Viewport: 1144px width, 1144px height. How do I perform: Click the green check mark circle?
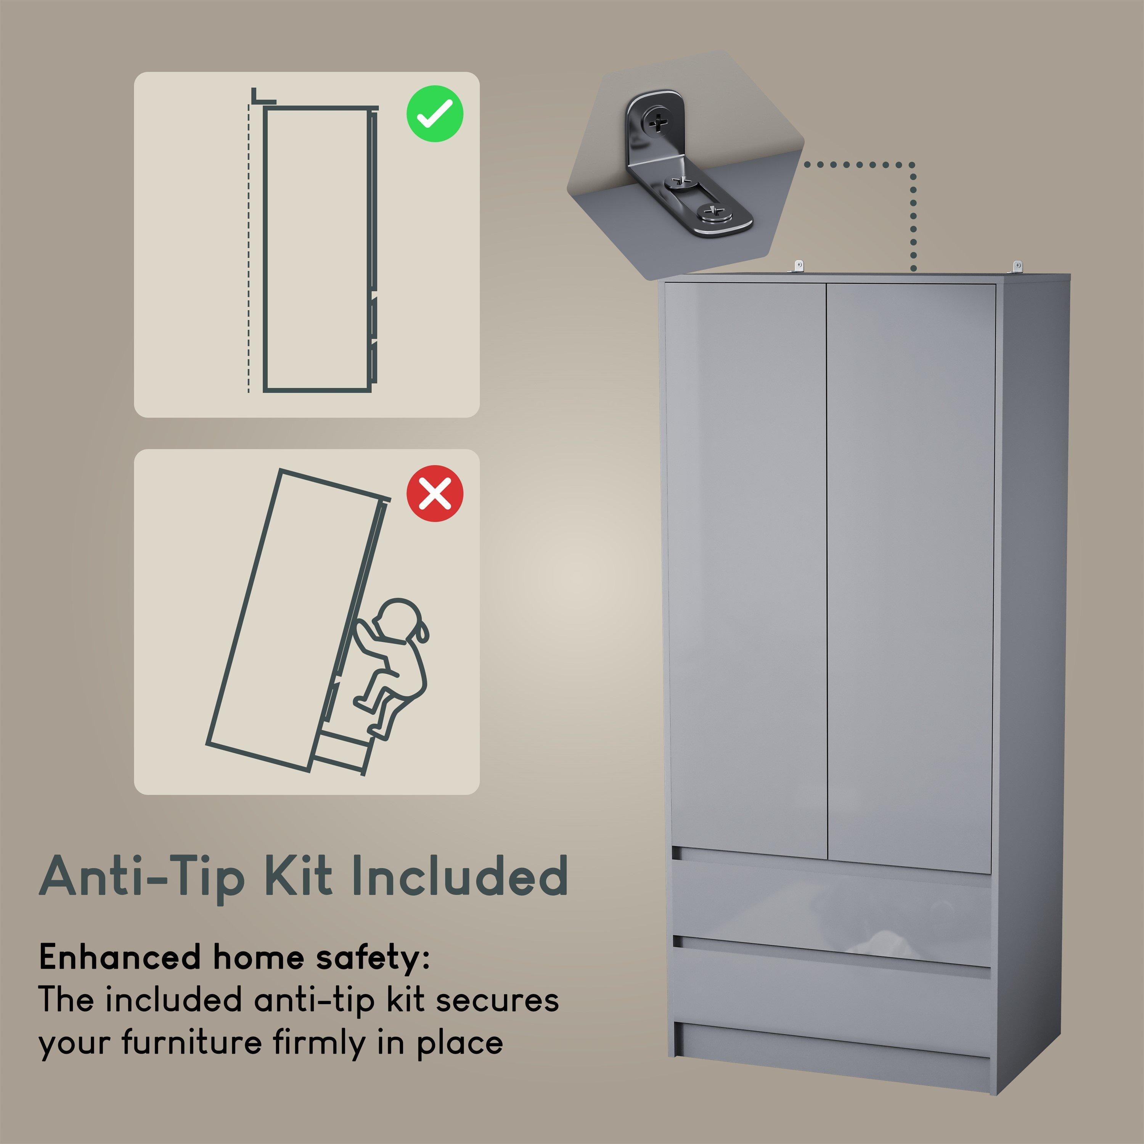point(435,113)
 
